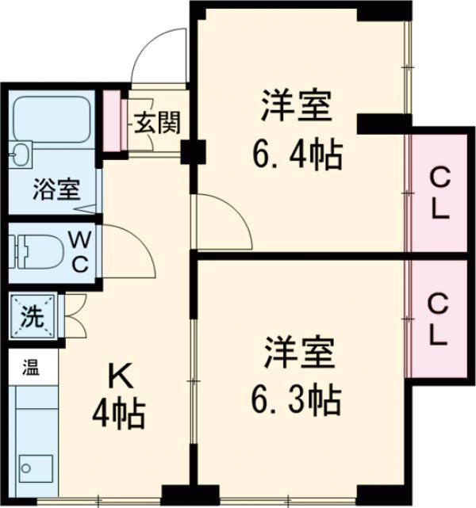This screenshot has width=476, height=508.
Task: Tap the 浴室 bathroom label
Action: [56, 190]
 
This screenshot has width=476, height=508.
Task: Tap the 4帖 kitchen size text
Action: [117, 412]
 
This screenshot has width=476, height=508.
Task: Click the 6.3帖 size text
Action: [298, 399]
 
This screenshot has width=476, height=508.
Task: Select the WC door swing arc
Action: [127, 246]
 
